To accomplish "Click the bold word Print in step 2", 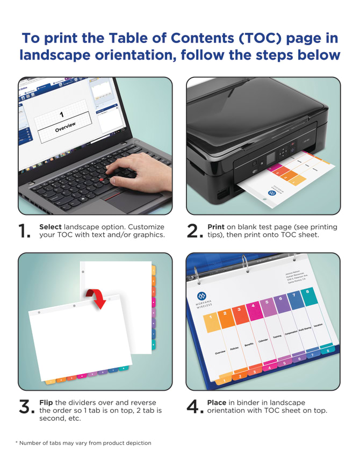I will click(x=216, y=227).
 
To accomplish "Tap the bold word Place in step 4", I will click(x=217, y=403).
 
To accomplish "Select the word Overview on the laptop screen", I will click(x=65, y=127).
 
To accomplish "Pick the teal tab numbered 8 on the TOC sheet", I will click(x=308, y=292).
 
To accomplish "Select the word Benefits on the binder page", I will click(x=248, y=345).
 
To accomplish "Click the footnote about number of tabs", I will click(x=83, y=443).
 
